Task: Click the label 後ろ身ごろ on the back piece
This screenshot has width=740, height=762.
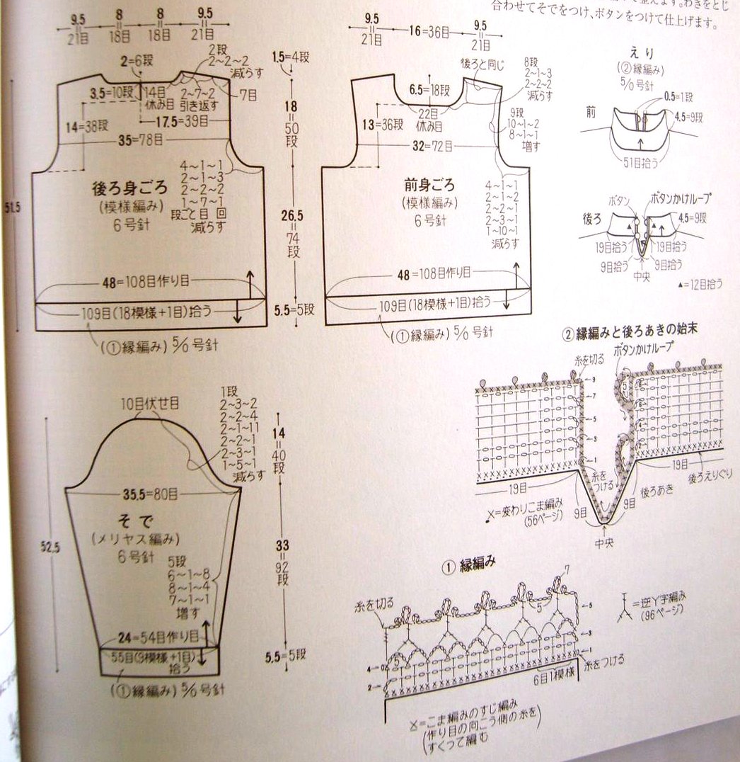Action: [130, 189]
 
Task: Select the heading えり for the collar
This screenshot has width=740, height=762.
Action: [639, 52]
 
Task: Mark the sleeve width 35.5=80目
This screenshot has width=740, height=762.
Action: [149, 494]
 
